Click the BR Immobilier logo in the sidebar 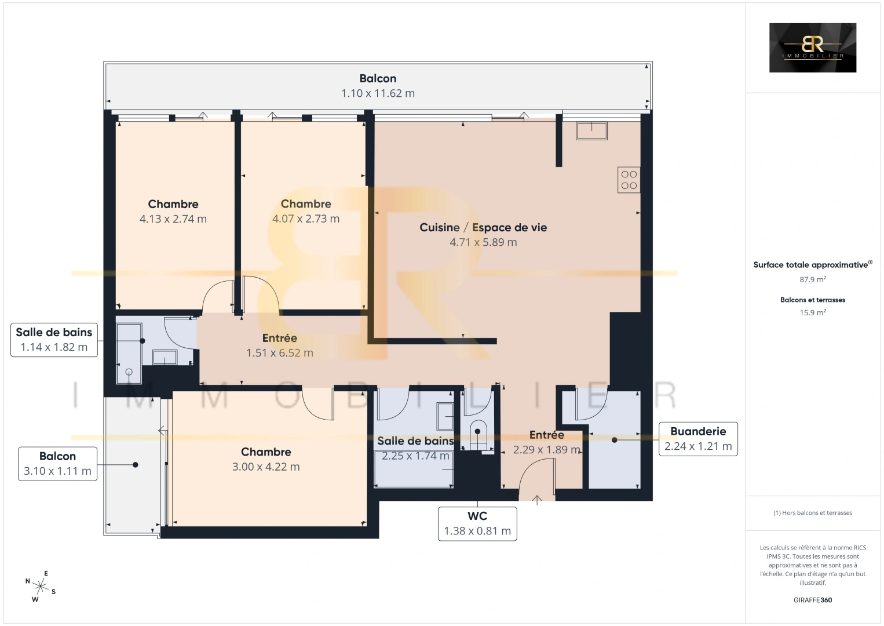click(x=812, y=48)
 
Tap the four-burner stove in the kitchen click(x=629, y=180)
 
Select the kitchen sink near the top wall click(x=591, y=131)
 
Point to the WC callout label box click(x=477, y=523)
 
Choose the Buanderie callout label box click(x=698, y=439)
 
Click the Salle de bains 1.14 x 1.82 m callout click(x=54, y=340)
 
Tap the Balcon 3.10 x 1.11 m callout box click(x=57, y=464)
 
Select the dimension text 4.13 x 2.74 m click(x=173, y=219)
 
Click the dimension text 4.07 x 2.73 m click(x=306, y=219)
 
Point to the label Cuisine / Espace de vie click(x=483, y=227)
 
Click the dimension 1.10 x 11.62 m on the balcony click(x=378, y=93)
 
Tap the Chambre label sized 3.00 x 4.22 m click(x=266, y=452)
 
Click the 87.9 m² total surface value click(x=813, y=279)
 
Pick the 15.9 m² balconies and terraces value click(x=813, y=312)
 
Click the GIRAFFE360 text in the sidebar click(x=813, y=600)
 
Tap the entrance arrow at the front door click(x=537, y=499)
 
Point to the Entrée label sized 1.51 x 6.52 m click(x=280, y=338)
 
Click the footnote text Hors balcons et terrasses click(x=813, y=513)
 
